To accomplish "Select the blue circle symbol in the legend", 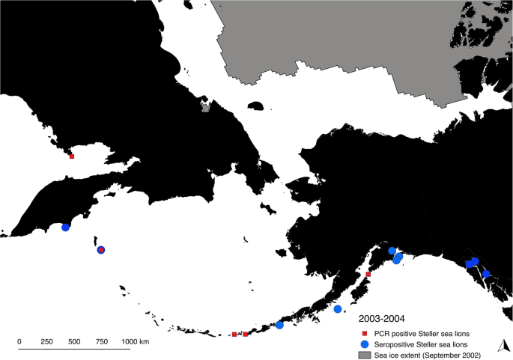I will [x=365, y=344].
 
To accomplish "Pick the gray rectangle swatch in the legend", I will [x=365, y=354].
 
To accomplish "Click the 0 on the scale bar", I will [x=19, y=341].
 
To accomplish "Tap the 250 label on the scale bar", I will [x=47, y=341].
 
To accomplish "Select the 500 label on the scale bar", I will [x=75, y=341].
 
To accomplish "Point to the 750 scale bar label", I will [x=103, y=341].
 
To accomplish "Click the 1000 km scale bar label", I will [x=135, y=341].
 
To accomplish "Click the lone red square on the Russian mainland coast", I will [x=72, y=156].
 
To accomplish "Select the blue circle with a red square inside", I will [x=101, y=250].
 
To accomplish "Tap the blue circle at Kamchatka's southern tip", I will [x=65, y=228].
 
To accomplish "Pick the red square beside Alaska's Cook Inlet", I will [x=368, y=275].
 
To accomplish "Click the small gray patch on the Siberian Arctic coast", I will [x=206, y=107].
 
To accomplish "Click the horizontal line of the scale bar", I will [x=75, y=349].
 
